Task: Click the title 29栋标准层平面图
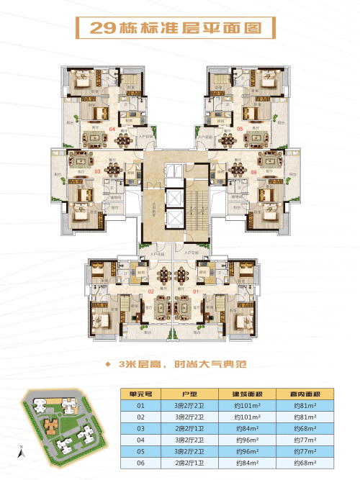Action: click(180, 30)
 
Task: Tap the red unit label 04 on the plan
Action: click(112, 129)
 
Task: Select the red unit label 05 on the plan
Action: click(240, 129)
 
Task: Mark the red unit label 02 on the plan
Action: click(152, 291)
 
